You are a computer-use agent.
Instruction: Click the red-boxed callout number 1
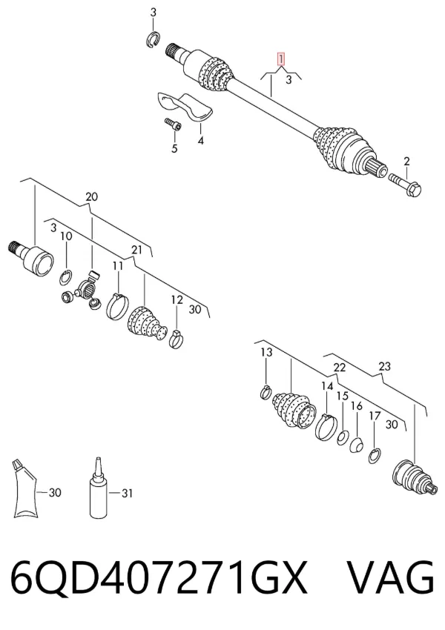[x=281, y=59]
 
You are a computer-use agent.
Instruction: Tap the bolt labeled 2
[x=405, y=185]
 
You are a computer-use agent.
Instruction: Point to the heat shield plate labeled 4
[x=183, y=105]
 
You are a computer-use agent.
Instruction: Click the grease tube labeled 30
[x=24, y=488]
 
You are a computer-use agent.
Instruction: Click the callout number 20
[x=91, y=197]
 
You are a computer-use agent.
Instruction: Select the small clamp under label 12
[x=176, y=339]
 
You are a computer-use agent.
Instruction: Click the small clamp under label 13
[x=266, y=392]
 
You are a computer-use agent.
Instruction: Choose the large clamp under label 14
[x=326, y=426]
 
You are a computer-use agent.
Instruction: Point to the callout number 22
[x=339, y=367]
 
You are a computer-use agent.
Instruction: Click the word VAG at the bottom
[x=389, y=578]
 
